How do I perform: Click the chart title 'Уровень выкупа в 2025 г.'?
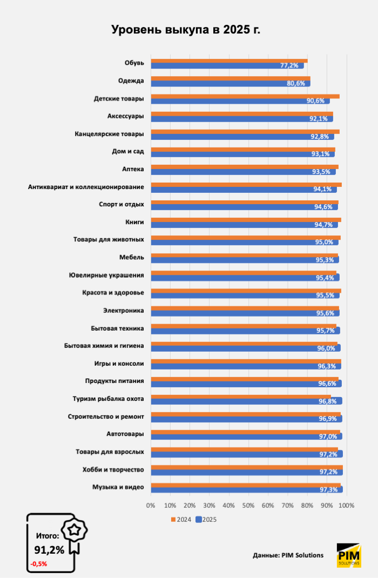click(x=186, y=30)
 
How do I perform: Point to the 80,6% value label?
click(x=296, y=83)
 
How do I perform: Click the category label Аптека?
click(x=133, y=169)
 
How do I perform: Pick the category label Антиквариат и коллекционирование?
click(x=86, y=187)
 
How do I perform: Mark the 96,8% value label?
click(x=327, y=401)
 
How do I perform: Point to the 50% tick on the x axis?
click(x=248, y=506)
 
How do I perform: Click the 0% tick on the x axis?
click(x=151, y=506)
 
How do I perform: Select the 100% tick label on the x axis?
click(x=346, y=506)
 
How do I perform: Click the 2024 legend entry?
click(x=181, y=520)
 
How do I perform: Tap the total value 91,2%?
click(x=49, y=550)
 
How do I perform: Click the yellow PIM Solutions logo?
click(x=345, y=555)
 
